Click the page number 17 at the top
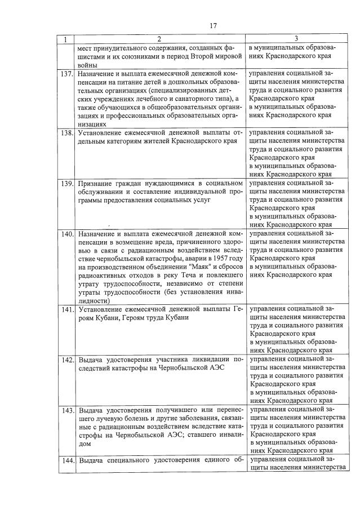(213, 25)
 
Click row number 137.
(66, 74)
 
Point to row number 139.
(66, 183)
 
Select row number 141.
(66, 309)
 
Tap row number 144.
(66, 461)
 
